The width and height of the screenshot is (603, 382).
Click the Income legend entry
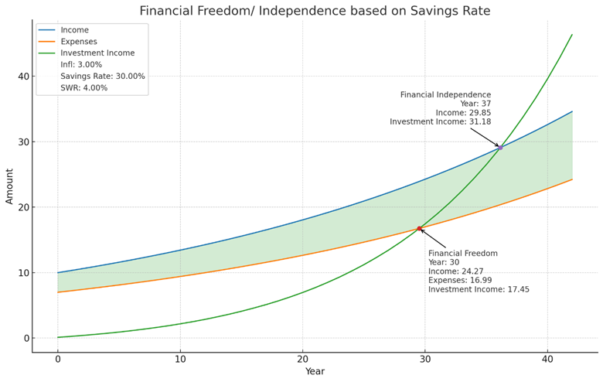click(x=75, y=30)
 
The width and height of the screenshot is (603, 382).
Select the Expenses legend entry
click(x=79, y=42)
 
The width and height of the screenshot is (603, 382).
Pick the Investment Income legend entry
click(x=97, y=53)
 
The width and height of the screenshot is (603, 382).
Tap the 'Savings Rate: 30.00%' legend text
click(x=103, y=77)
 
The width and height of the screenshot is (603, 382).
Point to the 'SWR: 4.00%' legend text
click(x=84, y=88)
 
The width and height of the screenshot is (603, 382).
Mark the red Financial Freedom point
click(x=420, y=228)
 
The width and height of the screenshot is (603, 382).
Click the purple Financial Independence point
click(x=500, y=147)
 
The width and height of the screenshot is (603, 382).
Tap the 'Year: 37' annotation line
click(x=475, y=104)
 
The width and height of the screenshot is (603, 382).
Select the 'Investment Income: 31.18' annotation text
click(x=440, y=121)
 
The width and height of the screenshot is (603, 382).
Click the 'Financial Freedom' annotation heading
click(x=463, y=254)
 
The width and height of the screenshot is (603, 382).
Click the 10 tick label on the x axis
click(x=180, y=359)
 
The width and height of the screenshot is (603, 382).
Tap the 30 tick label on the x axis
click(x=425, y=359)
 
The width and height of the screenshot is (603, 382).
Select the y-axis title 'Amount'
click(x=10, y=186)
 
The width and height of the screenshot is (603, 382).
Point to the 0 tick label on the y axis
click(x=26, y=338)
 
